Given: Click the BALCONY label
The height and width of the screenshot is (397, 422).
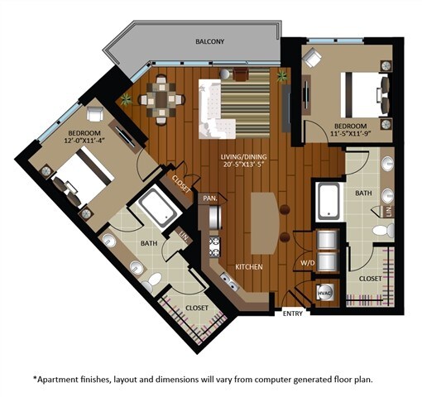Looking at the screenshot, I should click(210, 41).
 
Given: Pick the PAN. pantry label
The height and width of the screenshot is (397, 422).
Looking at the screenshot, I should click(208, 198).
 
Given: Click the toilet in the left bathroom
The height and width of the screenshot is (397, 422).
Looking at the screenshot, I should click(149, 285).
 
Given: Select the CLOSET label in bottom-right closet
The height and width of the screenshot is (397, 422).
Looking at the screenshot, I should click(369, 279).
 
